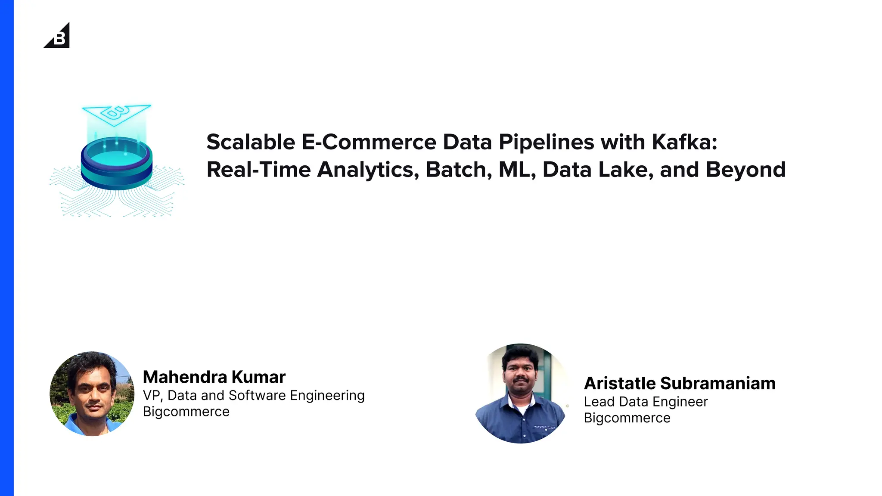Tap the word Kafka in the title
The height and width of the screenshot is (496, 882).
(684, 142)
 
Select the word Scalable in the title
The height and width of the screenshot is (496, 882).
(251, 142)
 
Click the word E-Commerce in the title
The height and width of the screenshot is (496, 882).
(369, 142)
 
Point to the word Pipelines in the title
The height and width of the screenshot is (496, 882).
(546, 143)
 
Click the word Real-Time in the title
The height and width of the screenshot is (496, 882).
(258, 170)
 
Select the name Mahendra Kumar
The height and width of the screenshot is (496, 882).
(214, 377)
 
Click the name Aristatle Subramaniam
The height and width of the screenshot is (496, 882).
(680, 383)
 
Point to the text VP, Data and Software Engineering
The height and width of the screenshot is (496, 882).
(254, 395)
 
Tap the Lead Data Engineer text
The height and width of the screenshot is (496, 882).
(646, 402)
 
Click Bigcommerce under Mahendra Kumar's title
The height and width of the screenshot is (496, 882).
(186, 412)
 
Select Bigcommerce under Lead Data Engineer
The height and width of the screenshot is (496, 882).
(627, 418)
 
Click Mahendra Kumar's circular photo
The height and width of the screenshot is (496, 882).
(92, 394)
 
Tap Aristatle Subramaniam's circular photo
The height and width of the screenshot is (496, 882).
(521, 394)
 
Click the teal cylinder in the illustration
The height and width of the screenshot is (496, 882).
(117, 164)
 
